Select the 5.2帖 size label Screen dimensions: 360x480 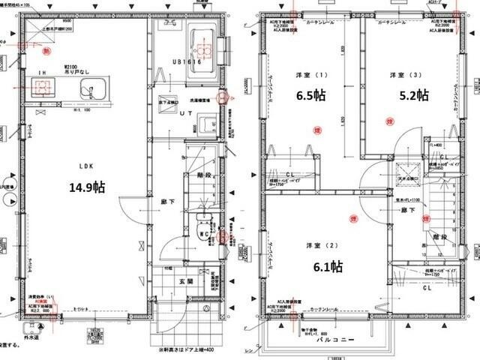[x=412, y=95]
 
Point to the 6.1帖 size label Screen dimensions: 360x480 [x=327, y=266]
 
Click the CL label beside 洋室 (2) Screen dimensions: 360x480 [x=427, y=286]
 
